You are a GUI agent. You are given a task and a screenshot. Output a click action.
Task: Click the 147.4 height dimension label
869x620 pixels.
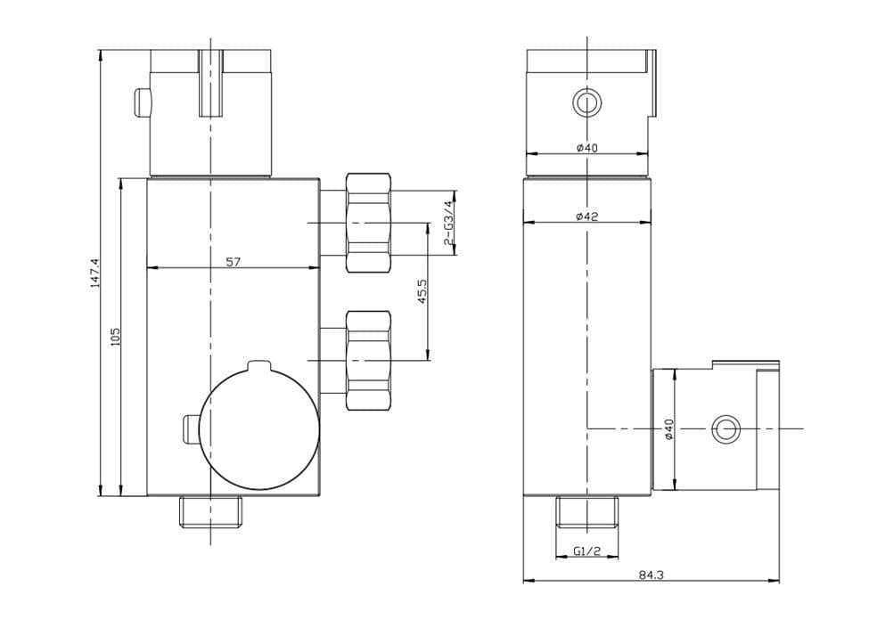click(x=94, y=272)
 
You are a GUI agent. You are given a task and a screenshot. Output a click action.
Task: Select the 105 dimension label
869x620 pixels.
click(x=114, y=336)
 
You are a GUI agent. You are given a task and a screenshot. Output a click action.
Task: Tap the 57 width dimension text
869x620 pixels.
click(x=233, y=262)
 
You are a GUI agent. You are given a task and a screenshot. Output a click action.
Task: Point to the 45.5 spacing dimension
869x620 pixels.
click(x=422, y=291)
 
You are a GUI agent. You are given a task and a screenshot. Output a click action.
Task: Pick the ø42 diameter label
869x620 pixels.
click(x=586, y=216)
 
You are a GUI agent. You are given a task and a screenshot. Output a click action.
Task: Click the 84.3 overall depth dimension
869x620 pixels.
click(x=651, y=575)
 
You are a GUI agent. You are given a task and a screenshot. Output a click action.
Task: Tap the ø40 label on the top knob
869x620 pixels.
click(x=586, y=148)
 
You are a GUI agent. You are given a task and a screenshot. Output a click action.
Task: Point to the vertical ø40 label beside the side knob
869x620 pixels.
click(x=668, y=428)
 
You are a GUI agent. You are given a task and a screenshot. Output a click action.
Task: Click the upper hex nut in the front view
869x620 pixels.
click(x=367, y=223)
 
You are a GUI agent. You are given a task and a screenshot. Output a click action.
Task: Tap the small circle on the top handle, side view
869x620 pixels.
click(x=586, y=102)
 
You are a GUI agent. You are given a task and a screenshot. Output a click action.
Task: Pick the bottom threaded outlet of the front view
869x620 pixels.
click(x=210, y=512)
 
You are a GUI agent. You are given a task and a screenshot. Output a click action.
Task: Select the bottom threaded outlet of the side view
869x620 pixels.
click(x=586, y=512)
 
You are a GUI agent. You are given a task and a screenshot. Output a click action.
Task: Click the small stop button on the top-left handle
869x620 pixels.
click(x=141, y=102)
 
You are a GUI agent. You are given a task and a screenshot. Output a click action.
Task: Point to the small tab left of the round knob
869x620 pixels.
click(x=190, y=428)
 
